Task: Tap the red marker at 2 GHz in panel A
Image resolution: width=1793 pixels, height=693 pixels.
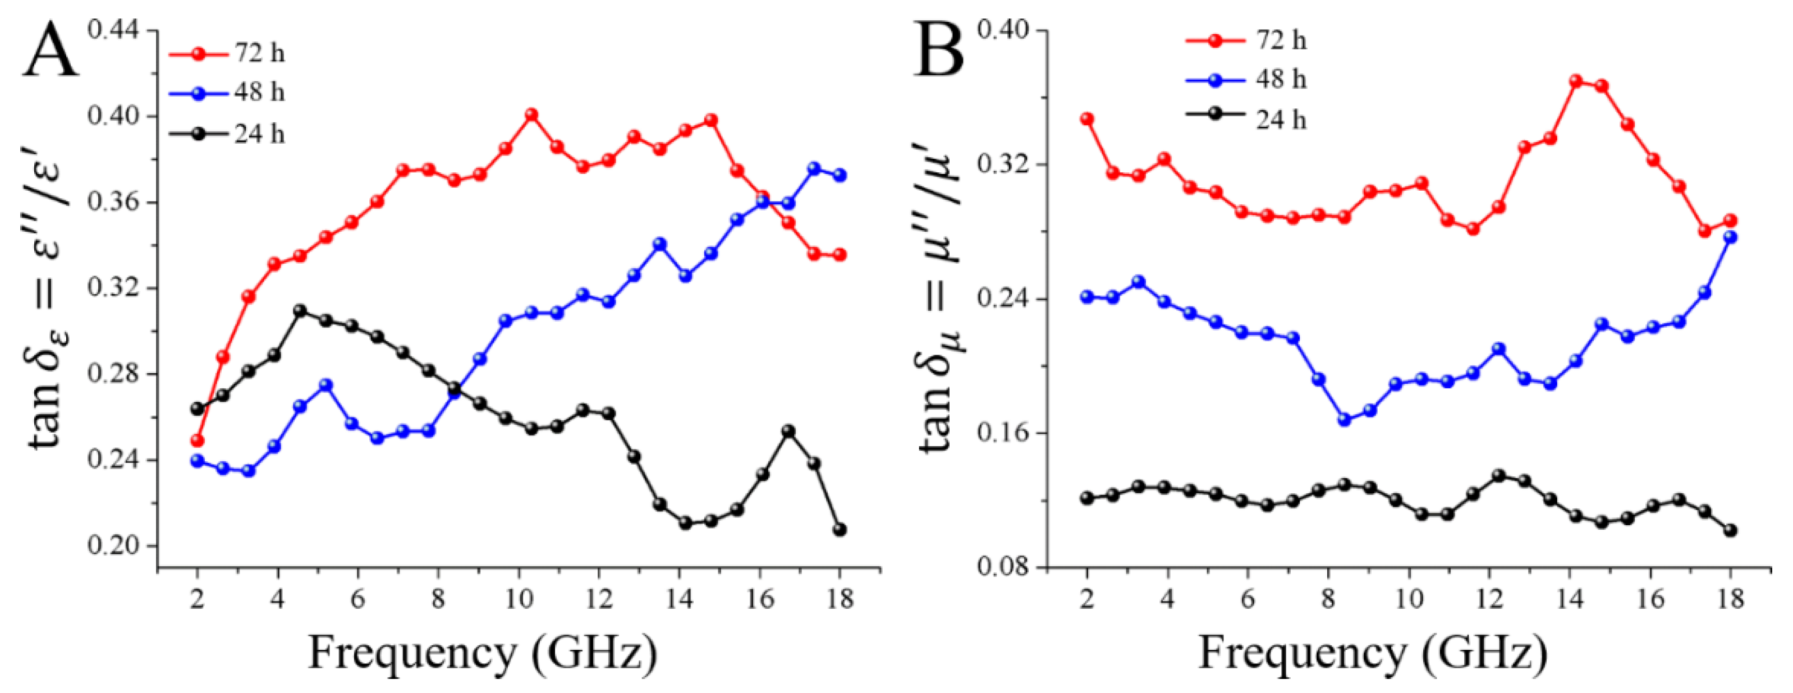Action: pos(197,440)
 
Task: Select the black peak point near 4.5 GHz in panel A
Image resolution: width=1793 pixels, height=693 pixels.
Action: pos(300,310)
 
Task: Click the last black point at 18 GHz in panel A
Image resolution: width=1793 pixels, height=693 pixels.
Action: pos(840,530)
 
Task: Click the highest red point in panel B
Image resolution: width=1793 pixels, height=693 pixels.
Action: pos(1576,81)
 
